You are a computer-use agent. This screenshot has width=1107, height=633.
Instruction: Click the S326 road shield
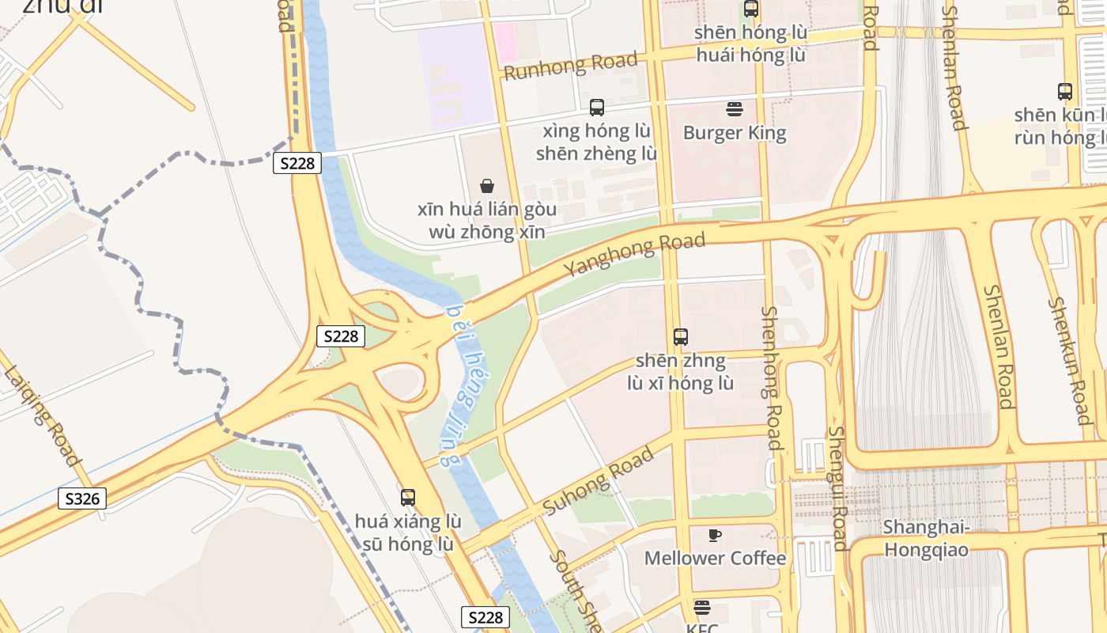pos(82,499)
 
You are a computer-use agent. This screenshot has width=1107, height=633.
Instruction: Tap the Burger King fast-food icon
pos(735,109)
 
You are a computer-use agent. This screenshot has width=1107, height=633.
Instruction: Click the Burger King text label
pos(735,132)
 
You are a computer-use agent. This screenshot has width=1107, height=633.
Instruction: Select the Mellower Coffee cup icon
pos(715,535)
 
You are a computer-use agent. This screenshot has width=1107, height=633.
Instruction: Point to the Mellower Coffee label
pos(715,558)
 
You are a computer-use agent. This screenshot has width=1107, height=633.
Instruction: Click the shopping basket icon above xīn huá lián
pos(487,186)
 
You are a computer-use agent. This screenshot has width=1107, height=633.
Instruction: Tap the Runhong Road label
pos(570,66)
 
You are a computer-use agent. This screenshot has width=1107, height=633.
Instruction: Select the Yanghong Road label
pos(634,255)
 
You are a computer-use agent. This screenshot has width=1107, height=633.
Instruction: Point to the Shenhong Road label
pos(772,378)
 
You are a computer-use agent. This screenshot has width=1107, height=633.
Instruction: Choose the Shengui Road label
pos(838,488)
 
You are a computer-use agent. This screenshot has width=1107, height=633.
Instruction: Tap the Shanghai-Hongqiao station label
pos(926,538)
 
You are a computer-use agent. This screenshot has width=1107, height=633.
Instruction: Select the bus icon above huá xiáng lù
pos(408,498)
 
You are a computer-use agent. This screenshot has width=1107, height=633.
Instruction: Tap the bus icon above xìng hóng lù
pos(597,108)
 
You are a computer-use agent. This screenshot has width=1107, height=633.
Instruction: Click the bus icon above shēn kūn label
pos(1065,92)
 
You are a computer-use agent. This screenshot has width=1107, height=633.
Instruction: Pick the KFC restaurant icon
pos(701,608)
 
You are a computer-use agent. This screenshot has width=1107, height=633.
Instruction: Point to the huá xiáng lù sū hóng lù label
pos(408,533)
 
